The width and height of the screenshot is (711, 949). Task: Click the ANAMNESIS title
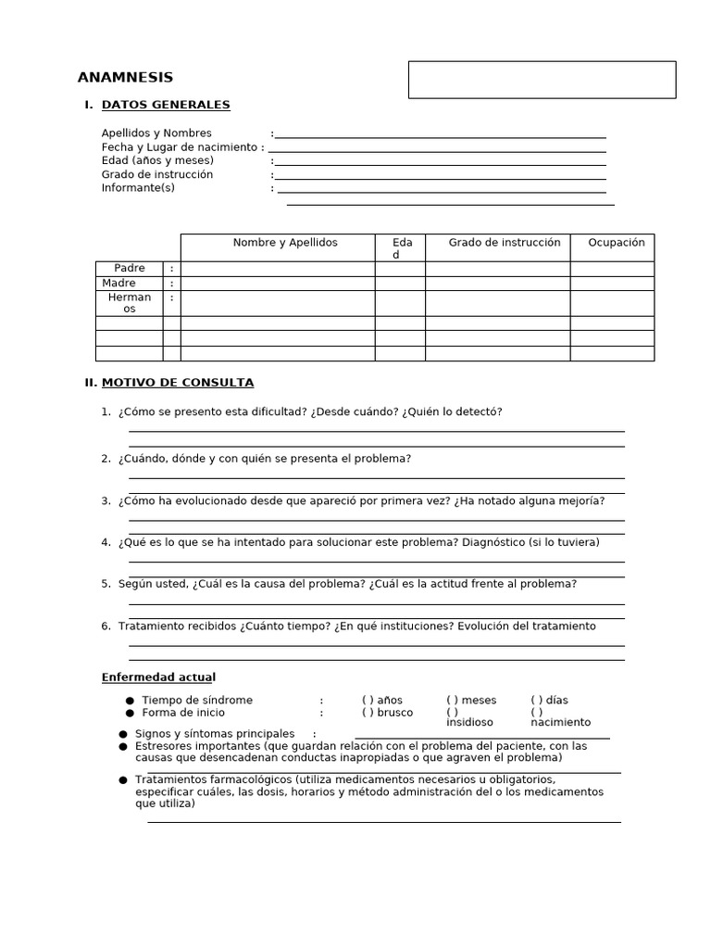point(125,78)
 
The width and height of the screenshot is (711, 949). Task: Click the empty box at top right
point(542,80)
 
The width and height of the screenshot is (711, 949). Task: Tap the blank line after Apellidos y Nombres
point(440,134)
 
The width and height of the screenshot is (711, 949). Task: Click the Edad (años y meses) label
point(157,160)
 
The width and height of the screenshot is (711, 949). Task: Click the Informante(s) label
point(138,188)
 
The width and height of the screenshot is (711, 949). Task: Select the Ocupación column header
point(616,243)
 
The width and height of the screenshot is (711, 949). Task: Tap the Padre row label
point(130,269)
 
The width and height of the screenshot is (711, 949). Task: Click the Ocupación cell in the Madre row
point(611,284)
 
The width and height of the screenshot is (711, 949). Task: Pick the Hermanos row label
point(130,303)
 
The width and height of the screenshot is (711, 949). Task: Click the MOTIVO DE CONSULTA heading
point(177,383)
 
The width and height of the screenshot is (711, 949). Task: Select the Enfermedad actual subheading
point(158,677)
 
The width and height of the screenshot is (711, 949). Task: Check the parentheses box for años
point(368,701)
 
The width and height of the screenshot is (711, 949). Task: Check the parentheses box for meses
point(452,701)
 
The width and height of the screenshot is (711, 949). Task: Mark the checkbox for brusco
point(368,714)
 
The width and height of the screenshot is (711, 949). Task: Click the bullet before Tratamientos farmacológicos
point(123,780)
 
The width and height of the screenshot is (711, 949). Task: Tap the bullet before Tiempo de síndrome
point(131,701)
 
